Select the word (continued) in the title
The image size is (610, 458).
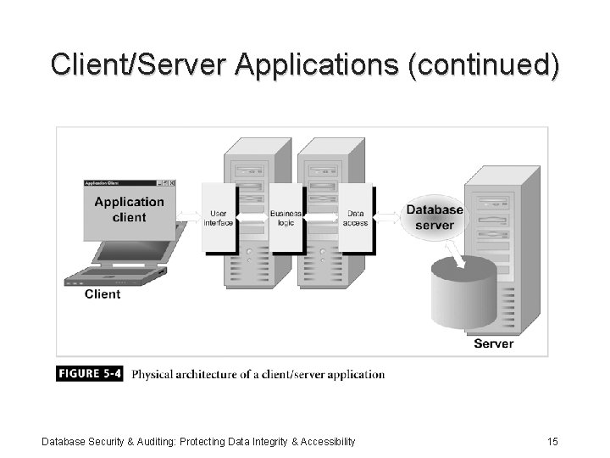483,65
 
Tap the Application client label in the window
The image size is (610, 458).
129,209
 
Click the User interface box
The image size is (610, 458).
219,217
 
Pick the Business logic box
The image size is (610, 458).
286,217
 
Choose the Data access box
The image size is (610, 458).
356,217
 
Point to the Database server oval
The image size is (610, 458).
435,217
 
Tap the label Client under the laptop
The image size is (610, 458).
103,294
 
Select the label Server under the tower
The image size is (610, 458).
493,343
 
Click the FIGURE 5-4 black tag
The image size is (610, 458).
90,374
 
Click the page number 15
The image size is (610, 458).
552,441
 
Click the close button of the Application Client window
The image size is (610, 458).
171,183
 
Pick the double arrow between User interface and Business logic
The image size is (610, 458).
252,217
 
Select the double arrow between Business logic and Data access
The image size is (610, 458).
321,217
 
